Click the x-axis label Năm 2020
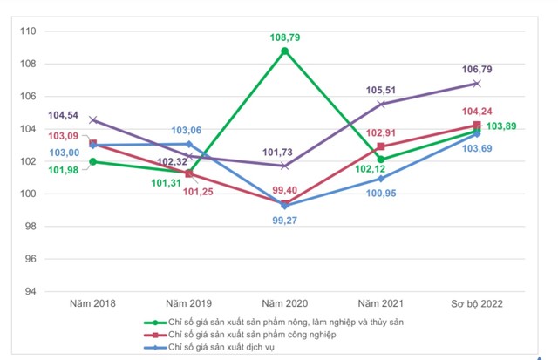[x=284, y=303]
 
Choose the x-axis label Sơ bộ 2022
[x=476, y=303]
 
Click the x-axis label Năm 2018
[x=93, y=303]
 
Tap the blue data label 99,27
[x=284, y=221]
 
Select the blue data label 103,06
[x=187, y=130]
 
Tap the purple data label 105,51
[x=382, y=89]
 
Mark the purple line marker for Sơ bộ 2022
[x=477, y=83]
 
